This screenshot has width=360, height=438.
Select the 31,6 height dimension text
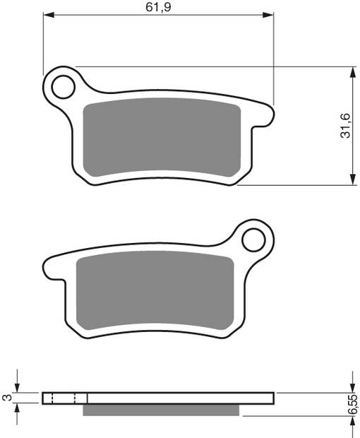pos(344,126)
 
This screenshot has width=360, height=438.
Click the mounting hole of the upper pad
pos(61,86)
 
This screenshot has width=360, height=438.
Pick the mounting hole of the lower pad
pos(252,239)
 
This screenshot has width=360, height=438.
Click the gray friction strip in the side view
pos(164,409)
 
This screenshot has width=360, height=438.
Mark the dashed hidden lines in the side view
pos(64,398)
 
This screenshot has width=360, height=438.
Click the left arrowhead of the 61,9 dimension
pos(48,14)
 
